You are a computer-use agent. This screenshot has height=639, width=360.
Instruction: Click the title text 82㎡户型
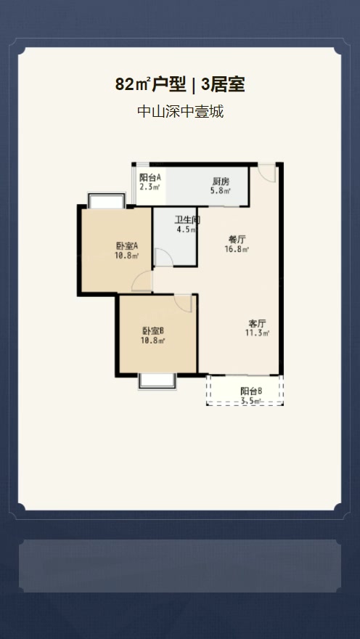[150, 85]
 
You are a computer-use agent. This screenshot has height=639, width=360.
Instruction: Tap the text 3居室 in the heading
[222, 85]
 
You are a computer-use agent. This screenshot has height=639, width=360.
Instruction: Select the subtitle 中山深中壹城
[181, 111]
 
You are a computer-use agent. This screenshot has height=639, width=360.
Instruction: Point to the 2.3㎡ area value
[150, 187]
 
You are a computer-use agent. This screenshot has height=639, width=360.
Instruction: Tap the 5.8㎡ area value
[221, 191]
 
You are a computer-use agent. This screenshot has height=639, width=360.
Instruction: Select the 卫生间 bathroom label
[187, 220]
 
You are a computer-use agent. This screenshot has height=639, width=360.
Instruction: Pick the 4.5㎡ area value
[186, 229]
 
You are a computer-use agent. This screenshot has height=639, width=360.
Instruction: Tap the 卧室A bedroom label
[128, 246]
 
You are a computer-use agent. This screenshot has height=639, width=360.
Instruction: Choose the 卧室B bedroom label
[153, 331]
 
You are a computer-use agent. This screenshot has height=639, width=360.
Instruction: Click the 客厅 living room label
[258, 324]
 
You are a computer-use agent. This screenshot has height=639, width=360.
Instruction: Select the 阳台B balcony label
[251, 391]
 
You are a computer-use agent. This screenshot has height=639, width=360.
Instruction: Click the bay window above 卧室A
[106, 201]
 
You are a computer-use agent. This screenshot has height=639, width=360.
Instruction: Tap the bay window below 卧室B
[157, 381]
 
